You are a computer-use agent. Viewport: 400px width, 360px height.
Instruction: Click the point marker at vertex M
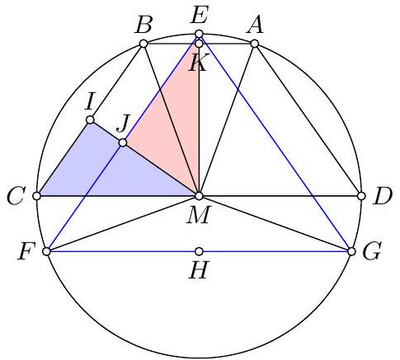click(199, 196)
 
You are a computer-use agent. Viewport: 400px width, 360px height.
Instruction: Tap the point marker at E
click(199, 34)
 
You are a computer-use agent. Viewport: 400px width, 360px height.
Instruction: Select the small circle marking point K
click(199, 44)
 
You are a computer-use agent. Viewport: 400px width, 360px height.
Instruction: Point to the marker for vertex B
click(144, 44)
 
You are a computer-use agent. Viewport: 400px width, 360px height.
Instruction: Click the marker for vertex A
click(255, 44)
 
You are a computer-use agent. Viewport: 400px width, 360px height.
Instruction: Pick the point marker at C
click(36, 196)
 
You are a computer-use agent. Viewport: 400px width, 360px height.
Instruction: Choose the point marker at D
click(361, 196)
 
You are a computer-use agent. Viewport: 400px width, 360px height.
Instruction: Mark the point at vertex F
click(47, 251)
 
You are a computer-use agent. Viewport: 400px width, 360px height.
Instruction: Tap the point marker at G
click(351, 251)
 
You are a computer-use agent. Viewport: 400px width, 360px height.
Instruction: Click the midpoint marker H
click(199, 251)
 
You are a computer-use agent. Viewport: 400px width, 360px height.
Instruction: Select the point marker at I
click(90, 119)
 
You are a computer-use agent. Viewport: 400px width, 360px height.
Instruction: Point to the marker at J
click(123, 143)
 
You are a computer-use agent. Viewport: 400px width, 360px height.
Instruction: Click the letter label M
click(199, 214)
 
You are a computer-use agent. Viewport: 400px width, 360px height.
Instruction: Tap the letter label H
click(199, 269)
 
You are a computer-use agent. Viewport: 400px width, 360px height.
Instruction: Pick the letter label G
click(372, 251)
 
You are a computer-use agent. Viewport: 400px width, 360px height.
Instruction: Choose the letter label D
click(382, 197)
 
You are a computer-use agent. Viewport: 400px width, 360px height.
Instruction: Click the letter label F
click(26, 251)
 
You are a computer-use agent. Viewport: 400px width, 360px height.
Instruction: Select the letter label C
click(16, 197)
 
